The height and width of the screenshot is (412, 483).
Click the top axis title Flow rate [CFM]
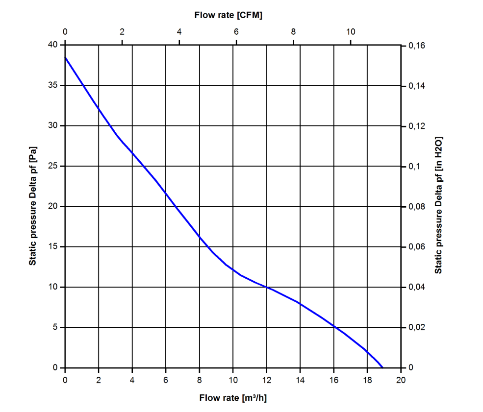coord(228,15)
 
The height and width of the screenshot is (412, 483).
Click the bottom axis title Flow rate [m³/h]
coord(233,397)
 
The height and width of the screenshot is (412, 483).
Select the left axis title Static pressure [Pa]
coord(33,206)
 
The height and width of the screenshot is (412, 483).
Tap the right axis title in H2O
coord(439,205)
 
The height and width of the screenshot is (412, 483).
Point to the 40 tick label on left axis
coord(53,45)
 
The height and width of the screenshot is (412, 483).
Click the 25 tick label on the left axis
coord(53,166)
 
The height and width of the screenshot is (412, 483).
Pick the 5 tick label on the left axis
coord(55,327)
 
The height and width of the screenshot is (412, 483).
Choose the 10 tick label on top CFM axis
coord(351,32)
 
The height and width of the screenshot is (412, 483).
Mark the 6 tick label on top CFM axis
coord(236,32)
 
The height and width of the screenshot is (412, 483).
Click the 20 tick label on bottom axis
coord(401,379)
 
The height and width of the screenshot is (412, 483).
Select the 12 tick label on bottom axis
coord(267,379)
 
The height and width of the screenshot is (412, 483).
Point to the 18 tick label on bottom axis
coord(367,379)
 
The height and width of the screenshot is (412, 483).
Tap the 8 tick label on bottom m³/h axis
coord(200,379)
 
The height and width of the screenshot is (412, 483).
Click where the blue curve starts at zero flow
coord(65,57)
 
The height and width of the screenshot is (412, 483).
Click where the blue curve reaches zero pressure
coord(382,367)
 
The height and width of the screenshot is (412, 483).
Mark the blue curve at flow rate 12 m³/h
coord(267,287)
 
